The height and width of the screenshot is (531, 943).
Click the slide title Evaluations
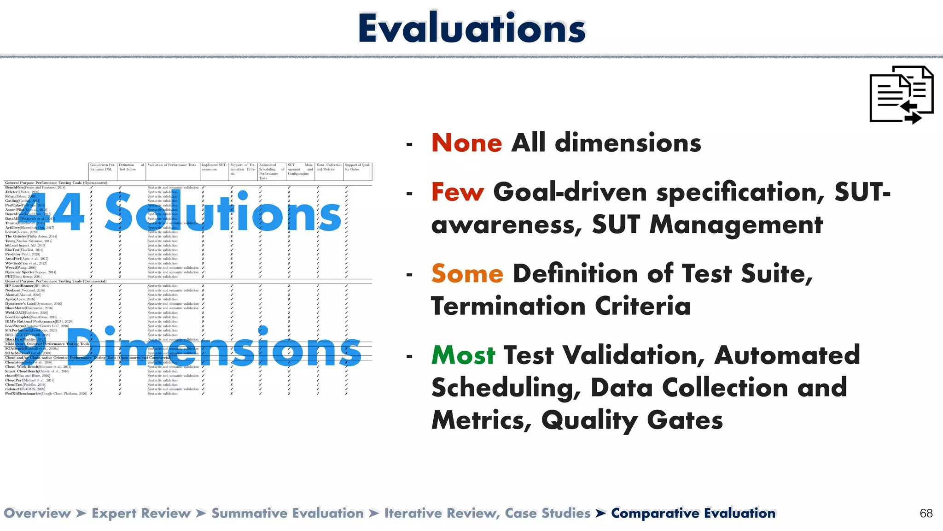point(471,29)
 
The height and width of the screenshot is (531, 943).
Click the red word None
point(466,143)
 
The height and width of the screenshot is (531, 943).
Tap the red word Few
point(457,192)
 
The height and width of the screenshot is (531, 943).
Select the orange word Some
point(467,274)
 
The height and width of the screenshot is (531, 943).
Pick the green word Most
point(463,355)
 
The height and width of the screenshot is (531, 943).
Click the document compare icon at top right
point(901,95)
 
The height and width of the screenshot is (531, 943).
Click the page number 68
point(926,513)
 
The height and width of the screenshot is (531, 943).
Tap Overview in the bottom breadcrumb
point(37,513)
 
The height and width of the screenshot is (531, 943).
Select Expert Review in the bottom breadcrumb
point(141,513)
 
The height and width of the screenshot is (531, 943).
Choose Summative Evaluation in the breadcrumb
point(287,513)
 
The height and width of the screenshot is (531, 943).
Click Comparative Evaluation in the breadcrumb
point(693,513)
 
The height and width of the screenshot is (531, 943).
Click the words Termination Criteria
point(560,307)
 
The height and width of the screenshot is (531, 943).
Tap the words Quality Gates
point(632,420)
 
